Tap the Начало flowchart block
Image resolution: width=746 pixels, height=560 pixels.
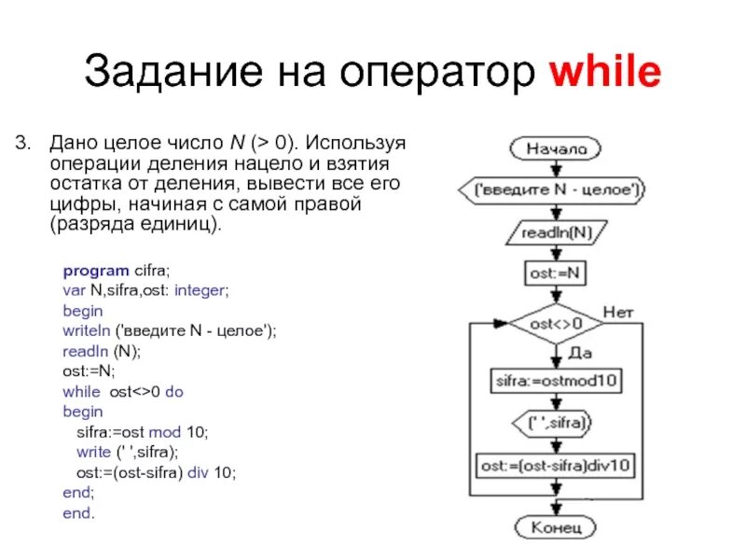click(x=556, y=148)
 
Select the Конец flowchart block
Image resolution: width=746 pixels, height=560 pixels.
click(x=557, y=527)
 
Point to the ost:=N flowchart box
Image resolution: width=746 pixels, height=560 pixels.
click(x=557, y=274)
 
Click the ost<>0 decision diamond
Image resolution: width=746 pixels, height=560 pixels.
click(x=557, y=324)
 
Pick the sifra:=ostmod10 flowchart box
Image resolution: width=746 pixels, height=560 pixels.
click(x=558, y=380)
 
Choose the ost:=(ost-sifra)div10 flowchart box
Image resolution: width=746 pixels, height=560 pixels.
click(x=558, y=464)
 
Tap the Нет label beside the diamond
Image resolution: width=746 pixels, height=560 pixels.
click(x=619, y=311)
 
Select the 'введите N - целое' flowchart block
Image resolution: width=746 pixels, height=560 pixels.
click(x=557, y=189)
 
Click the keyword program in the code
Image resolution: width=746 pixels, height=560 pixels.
click(x=90, y=271)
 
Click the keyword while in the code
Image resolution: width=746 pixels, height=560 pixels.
click(x=80, y=392)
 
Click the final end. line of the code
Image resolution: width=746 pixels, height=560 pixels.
click(x=79, y=513)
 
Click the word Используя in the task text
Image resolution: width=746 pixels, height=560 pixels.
click(x=358, y=144)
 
